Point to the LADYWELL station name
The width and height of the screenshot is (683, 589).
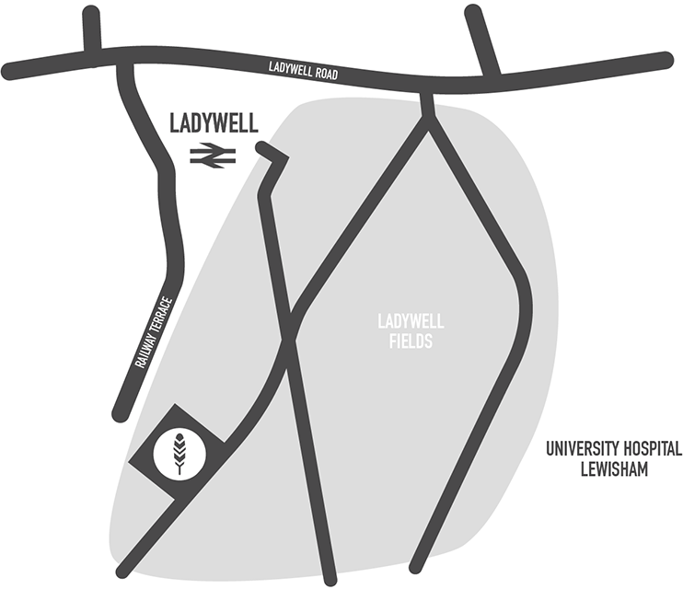(214, 122)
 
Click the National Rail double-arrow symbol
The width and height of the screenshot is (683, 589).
(213, 157)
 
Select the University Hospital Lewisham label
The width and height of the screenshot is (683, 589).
(613, 459)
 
